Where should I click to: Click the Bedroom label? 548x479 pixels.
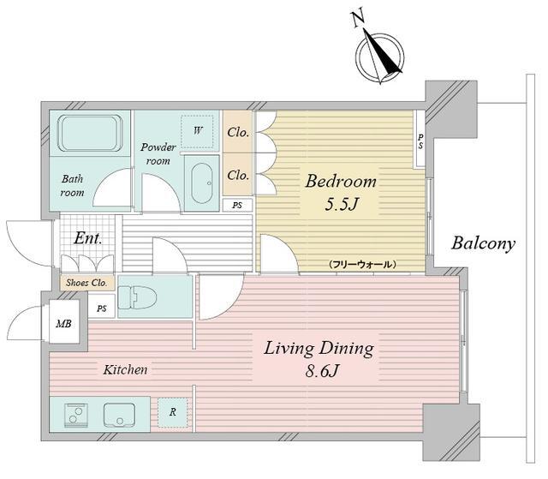click(341, 181)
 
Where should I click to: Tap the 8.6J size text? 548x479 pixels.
click(322, 371)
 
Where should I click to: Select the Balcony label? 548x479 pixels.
click(483, 243)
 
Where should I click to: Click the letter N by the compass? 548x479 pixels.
click(358, 19)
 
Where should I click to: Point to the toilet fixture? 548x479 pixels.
click(137, 297)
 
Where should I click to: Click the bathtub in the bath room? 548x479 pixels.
click(90, 133)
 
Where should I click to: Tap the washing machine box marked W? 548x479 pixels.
click(197, 131)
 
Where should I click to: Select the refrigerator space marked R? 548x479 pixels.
click(173, 412)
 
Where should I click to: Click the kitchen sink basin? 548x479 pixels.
click(119, 415)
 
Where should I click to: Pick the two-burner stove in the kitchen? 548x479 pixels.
click(76, 415)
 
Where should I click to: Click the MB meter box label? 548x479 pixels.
click(64, 323)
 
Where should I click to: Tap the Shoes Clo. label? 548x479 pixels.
click(86, 283)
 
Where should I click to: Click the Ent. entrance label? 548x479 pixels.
click(87, 238)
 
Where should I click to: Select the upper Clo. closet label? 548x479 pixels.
click(238, 132)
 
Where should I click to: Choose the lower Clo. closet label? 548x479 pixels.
click(238, 175)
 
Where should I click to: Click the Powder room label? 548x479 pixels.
click(158, 154)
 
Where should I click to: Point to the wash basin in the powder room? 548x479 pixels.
click(202, 183)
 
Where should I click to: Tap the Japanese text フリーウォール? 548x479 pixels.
click(362, 264)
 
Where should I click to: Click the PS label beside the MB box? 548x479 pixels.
click(102, 308)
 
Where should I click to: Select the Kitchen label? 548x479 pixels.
click(125, 369)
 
